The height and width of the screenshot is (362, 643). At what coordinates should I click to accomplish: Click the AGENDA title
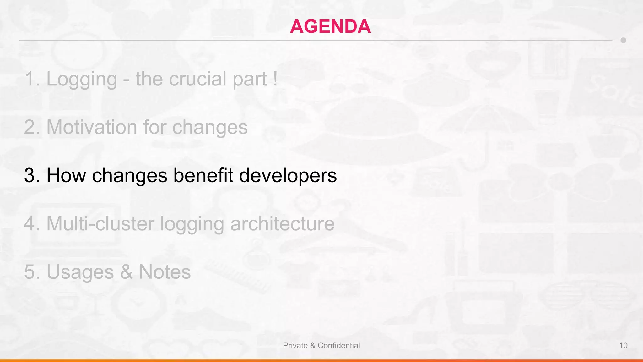click(x=330, y=26)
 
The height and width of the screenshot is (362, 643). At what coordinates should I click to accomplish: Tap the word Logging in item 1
click(x=82, y=79)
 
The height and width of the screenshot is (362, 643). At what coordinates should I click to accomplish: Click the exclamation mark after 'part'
click(x=275, y=79)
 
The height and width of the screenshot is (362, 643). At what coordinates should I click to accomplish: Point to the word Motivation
click(x=92, y=127)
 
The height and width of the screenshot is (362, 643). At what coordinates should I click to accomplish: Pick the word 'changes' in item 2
click(x=210, y=127)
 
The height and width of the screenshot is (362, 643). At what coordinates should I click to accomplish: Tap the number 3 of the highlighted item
click(x=30, y=175)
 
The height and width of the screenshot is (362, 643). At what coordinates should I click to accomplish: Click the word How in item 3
click(x=66, y=175)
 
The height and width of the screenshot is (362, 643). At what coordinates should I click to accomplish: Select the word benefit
click(x=203, y=175)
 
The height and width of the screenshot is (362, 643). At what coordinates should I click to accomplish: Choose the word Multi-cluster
click(x=100, y=224)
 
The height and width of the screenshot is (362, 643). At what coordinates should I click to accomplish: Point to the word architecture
click(x=282, y=224)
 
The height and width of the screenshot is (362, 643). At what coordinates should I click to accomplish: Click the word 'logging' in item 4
click(x=192, y=224)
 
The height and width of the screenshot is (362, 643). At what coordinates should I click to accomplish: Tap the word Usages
click(x=80, y=272)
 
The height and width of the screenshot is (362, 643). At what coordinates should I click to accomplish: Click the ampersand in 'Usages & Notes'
click(x=126, y=272)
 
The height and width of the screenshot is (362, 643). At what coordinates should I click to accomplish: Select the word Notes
click(x=165, y=272)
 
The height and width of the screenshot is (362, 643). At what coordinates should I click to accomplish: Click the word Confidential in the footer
click(x=339, y=346)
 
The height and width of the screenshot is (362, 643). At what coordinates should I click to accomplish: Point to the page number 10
click(x=623, y=346)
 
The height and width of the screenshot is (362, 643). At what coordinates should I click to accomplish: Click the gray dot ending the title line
click(x=623, y=40)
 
